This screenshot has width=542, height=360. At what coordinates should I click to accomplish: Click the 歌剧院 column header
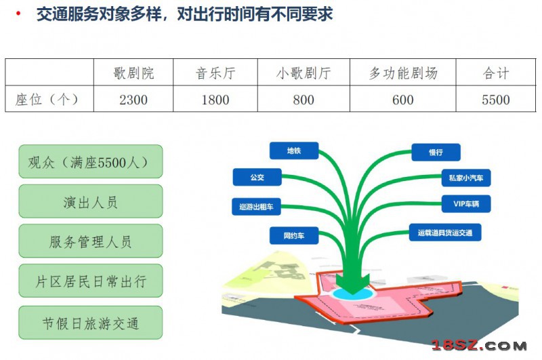(133, 73)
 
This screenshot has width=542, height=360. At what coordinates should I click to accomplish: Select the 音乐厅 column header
(215, 73)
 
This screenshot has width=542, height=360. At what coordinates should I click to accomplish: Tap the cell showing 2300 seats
(133, 100)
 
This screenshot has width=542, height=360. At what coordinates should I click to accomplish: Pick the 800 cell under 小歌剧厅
(304, 100)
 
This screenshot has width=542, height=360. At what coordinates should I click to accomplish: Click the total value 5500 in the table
(496, 100)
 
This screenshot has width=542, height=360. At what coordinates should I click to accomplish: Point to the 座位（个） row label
(47, 100)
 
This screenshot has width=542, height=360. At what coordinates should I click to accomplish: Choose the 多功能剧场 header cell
(403, 73)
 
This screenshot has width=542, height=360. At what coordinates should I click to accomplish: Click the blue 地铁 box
(294, 151)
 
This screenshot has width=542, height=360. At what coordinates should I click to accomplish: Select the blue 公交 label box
(257, 177)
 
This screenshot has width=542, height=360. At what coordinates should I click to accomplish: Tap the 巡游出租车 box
(256, 207)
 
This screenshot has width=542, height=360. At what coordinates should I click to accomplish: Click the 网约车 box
(294, 235)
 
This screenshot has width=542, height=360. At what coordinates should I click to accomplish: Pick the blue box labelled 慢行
(436, 152)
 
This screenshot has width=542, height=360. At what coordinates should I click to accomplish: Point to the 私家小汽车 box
(466, 178)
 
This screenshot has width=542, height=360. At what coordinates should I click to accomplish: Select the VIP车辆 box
(466, 203)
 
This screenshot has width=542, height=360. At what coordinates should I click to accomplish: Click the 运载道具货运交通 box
(445, 233)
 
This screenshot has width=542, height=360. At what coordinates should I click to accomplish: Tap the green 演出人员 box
(91, 201)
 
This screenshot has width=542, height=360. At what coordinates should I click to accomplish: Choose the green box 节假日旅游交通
(91, 323)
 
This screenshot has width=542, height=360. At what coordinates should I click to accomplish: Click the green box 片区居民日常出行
(91, 281)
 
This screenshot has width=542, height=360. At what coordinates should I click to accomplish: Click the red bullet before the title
(18, 14)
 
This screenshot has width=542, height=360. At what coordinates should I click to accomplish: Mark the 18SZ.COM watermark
(480, 345)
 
